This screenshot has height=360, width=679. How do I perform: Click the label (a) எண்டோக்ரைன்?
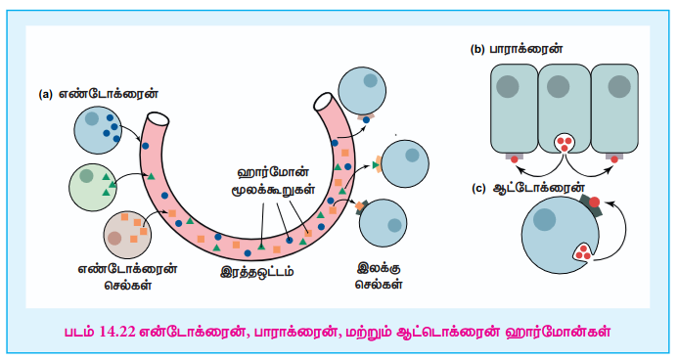pyautogui.click(x=98, y=94)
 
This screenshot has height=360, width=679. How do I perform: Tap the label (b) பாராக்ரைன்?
pyautogui.click(x=517, y=49)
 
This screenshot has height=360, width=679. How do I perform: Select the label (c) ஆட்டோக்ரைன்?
pyautogui.click(x=528, y=189)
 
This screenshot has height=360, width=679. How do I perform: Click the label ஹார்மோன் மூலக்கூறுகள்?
pyautogui.click(x=273, y=181)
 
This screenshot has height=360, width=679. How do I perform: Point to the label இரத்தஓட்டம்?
pyautogui.click(x=257, y=272)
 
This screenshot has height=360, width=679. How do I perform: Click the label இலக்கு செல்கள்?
pyautogui.click(x=379, y=276)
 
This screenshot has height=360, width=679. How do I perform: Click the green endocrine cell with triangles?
pyautogui.click(x=93, y=187)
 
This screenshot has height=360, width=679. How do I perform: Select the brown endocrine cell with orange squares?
pyautogui.click(x=127, y=235)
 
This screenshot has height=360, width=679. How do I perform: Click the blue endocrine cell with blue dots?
pyautogui.click(x=98, y=130)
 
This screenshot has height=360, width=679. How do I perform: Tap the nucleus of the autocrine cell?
pyautogui.click(x=544, y=219)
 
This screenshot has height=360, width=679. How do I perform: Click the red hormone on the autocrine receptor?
pyautogui.click(x=595, y=202)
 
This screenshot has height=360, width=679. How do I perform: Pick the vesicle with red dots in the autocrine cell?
pyautogui.click(x=584, y=252)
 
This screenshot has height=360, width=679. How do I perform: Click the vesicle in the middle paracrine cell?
pyautogui.click(x=565, y=144)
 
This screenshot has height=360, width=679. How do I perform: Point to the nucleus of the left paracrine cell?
pyautogui.click(x=507, y=86)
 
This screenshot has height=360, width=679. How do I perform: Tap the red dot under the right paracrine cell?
pyautogui.click(x=614, y=159)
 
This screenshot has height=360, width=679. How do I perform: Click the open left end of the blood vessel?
pyautogui.click(x=158, y=118)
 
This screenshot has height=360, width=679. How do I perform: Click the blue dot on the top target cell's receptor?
pyautogui.click(x=366, y=120)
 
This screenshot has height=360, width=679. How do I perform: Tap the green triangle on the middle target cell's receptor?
pyautogui.click(x=376, y=165)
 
